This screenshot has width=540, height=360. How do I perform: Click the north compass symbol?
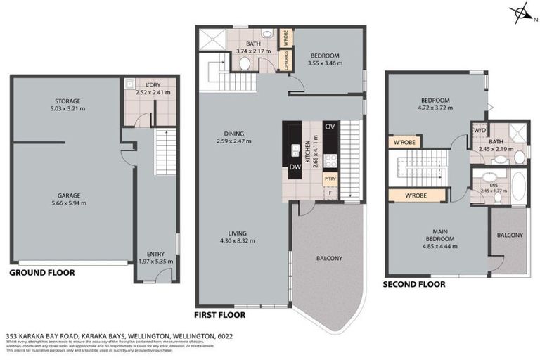click(x=521, y=13)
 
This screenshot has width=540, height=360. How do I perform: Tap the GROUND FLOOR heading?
click(x=41, y=272)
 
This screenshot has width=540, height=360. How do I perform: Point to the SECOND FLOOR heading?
click(x=413, y=284)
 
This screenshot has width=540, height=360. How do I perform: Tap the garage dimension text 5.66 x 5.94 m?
click(x=67, y=202)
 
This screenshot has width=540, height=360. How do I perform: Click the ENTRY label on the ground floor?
click(x=155, y=254)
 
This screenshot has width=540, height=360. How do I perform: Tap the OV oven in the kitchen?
click(x=329, y=127)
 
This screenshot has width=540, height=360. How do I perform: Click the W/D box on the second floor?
click(x=480, y=129)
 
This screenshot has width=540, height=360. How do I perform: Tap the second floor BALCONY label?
click(x=509, y=235)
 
